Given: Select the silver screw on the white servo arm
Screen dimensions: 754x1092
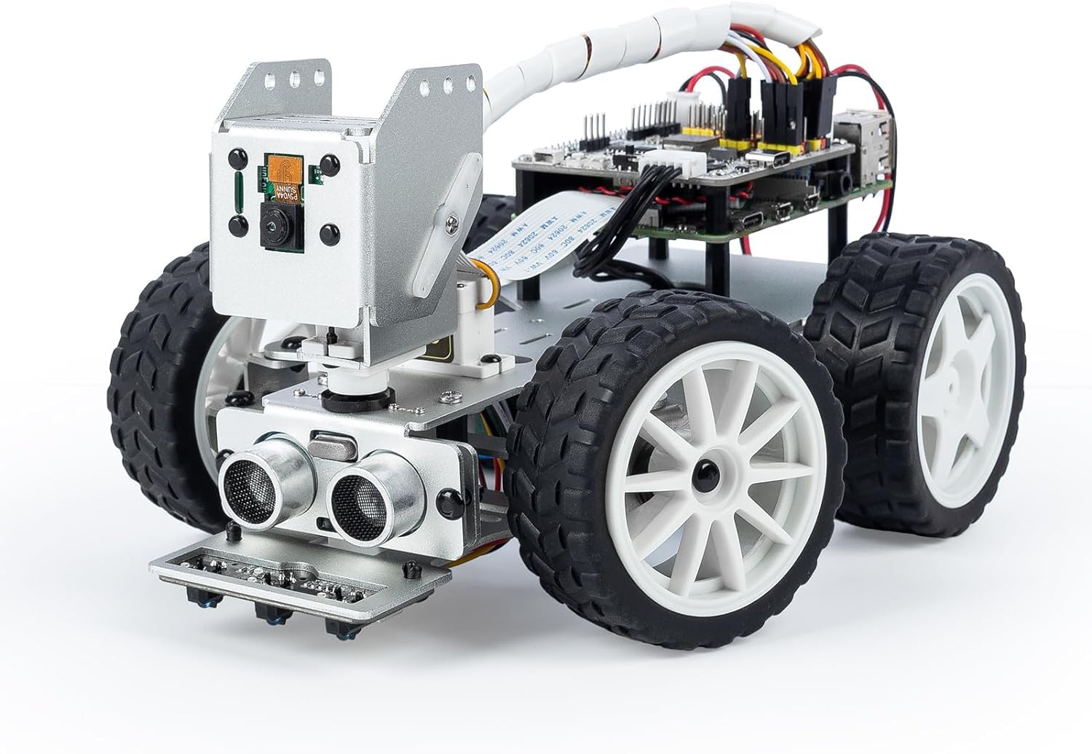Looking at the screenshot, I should tap(454, 216).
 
